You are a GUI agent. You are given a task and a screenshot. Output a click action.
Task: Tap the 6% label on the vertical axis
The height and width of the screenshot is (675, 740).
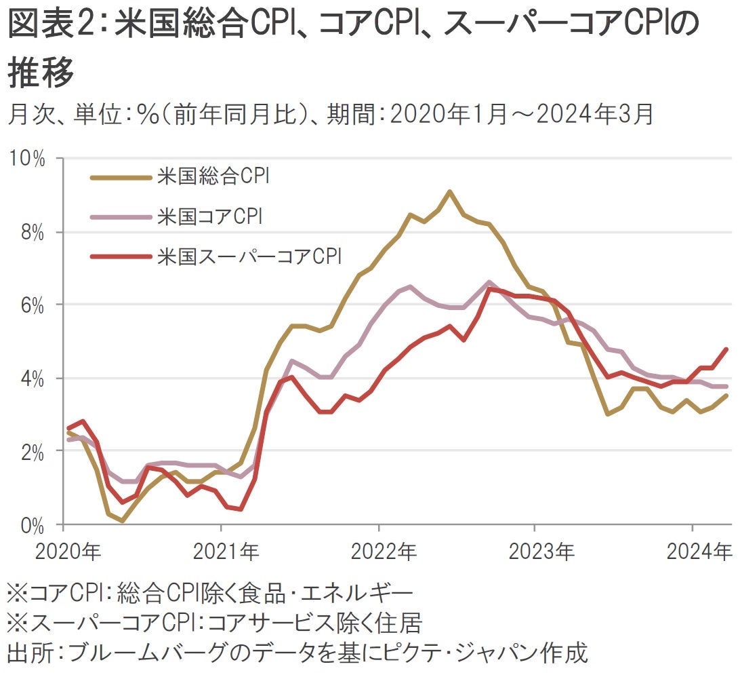click(x=30, y=305)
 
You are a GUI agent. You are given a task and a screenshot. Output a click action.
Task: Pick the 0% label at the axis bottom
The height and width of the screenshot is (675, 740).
click(x=30, y=524)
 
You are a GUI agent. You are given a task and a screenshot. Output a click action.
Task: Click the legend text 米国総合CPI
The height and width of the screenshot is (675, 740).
click(x=213, y=178)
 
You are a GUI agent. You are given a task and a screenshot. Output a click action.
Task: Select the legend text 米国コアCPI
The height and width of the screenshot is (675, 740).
click(x=209, y=218)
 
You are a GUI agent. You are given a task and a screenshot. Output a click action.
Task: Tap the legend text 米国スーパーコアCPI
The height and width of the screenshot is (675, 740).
click(x=249, y=256)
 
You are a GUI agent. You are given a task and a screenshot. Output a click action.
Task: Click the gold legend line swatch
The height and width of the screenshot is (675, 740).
click(x=120, y=178)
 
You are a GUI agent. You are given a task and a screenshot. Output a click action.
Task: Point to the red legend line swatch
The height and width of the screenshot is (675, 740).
click(x=120, y=256)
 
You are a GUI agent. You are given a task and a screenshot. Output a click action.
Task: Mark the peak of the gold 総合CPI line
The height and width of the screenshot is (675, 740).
click(x=449, y=191)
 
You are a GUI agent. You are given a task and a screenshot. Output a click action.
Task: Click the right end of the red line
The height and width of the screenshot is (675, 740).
click(x=726, y=349)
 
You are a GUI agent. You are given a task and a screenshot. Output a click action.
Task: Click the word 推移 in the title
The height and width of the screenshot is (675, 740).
click(x=41, y=74)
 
